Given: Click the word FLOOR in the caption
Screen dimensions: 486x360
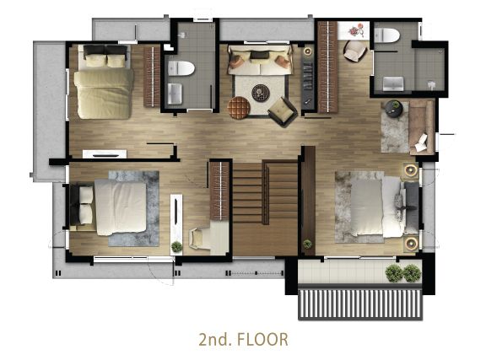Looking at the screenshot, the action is click(x=262, y=339).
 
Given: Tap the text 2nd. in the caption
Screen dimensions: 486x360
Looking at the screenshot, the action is click(x=215, y=339).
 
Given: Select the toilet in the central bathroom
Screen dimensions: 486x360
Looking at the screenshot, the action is click(x=181, y=68).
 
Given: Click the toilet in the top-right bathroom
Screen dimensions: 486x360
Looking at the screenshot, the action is click(x=386, y=35).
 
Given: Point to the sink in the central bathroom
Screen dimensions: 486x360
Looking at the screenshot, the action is click(x=175, y=94).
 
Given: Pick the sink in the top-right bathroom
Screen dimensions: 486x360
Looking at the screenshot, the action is click(x=393, y=84).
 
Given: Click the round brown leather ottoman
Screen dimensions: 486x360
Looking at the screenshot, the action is click(x=239, y=108).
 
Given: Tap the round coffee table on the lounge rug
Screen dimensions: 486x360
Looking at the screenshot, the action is click(x=261, y=93).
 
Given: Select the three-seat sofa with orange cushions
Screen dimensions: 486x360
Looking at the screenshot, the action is click(x=260, y=60).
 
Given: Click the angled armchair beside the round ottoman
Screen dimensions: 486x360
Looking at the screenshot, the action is click(x=283, y=111).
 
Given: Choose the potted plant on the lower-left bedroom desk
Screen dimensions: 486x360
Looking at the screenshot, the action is click(x=176, y=247).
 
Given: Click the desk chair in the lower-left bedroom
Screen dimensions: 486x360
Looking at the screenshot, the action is click(x=197, y=239).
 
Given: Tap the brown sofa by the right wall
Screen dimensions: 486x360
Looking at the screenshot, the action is click(x=421, y=127).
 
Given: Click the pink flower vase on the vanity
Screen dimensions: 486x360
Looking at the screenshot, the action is click(x=355, y=30).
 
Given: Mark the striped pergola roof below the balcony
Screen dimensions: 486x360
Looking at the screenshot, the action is click(x=360, y=304).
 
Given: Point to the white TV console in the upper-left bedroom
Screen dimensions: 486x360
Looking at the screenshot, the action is click(x=105, y=154).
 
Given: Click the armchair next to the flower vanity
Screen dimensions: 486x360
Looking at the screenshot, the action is click(x=355, y=51).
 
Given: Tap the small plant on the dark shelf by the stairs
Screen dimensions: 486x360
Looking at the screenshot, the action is click(x=307, y=244).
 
